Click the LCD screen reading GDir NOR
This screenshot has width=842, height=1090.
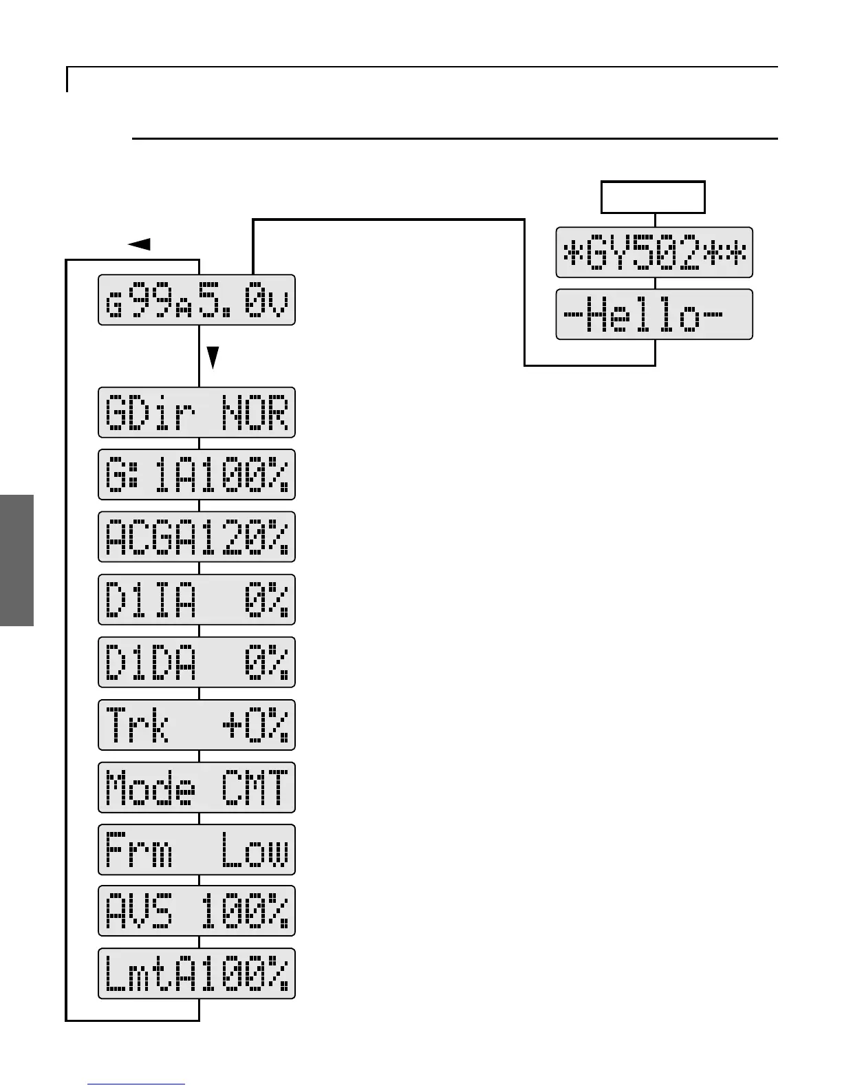coord(197,413)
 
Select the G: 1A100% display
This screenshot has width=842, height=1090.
coord(197,475)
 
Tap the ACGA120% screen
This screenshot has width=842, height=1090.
coord(197,537)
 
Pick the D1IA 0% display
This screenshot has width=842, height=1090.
coord(197,599)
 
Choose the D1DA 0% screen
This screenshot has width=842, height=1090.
coord(197,662)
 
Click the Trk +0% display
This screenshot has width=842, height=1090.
coord(197,725)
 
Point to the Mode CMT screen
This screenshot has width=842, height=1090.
coord(197,787)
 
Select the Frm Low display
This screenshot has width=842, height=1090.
coord(197,850)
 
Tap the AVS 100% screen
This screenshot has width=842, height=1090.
coord(197,911)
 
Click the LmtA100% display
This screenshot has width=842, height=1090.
coord(197,974)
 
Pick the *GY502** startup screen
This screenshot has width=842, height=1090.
coord(654,253)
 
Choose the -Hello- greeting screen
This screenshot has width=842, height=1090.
coord(654,314)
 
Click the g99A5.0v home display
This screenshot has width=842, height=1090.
coord(197,300)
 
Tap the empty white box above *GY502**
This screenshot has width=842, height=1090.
coord(654,197)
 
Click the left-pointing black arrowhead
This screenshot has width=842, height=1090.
coord(140,244)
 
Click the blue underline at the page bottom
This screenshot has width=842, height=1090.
coord(136,1084)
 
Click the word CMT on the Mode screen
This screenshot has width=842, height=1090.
coord(255,788)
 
